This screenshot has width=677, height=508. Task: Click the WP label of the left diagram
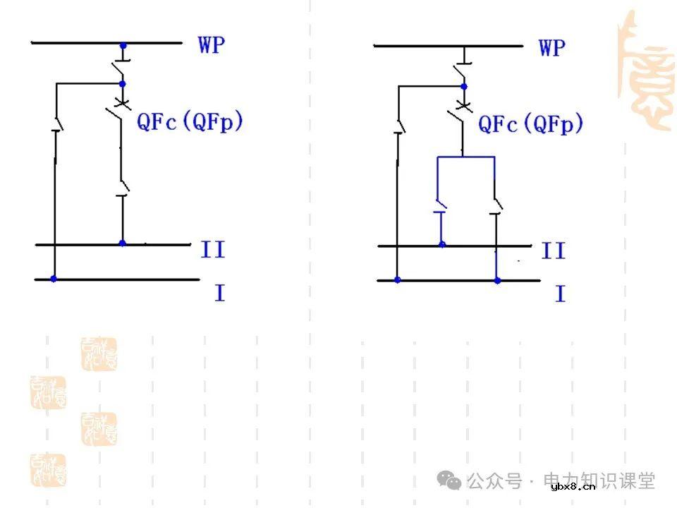[212, 45]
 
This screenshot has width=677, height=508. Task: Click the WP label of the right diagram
[552, 48]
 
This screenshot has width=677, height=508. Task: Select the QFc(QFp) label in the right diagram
[531, 124]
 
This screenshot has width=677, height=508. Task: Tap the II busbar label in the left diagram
[212, 249]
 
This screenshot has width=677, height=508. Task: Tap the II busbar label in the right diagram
[554, 250]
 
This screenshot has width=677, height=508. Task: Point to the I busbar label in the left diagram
[219, 292]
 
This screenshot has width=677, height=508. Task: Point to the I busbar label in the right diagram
[560, 294]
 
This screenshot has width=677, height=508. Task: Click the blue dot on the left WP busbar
[123, 46]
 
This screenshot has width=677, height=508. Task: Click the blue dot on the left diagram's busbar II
[122, 243]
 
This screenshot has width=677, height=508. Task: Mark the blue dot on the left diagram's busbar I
[54, 279]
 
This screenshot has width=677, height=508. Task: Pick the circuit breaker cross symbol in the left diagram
[122, 105]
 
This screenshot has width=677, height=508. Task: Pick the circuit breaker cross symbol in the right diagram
[463, 107]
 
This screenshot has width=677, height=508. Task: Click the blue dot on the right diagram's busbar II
[442, 245]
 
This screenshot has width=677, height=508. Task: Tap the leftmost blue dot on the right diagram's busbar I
[398, 280]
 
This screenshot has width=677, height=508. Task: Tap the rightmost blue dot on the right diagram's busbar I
[497, 280]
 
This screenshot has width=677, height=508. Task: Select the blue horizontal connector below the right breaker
[465, 157]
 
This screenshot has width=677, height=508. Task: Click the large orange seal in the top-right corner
[645, 71]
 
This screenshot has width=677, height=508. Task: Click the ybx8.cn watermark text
[573, 486]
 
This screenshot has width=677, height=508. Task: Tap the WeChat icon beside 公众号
[449, 481]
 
